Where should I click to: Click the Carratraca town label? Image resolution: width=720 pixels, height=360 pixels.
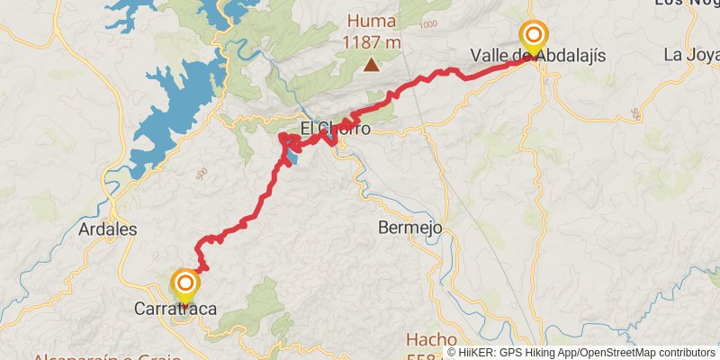pyautogui.click(x=175, y=309)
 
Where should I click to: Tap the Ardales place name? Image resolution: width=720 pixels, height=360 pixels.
pyautogui.click(x=108, y=229)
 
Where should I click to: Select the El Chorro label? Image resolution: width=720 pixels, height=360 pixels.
pyautogui.click(x=335, y=129)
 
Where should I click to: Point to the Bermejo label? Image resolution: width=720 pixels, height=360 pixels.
pyautogui.click(x=410, y=228)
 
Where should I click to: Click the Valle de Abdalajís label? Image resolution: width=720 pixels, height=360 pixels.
pyautogui.click(x=537, y=56)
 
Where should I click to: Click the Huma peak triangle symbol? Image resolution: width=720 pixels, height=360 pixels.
pyautogui.click(x=371, y=64)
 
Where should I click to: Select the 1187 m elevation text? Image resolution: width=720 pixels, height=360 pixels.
pyautogui.click(x=371, y=41)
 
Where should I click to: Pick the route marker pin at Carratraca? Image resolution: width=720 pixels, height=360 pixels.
pyautogui.click(x=185, y=285)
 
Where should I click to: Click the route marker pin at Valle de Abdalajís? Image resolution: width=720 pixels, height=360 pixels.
pyautogui.click(x=534, y=37)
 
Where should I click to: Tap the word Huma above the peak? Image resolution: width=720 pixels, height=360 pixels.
pyautogui.click(x=371, y=20)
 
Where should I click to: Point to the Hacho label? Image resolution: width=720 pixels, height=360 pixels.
pyautogui.click(x=431, y=339)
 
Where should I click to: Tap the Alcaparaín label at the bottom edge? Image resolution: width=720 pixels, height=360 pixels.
pyautogui.click(x=72, y=356)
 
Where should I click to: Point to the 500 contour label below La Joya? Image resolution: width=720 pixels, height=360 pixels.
pyautogui.click(x=635, y=113)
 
